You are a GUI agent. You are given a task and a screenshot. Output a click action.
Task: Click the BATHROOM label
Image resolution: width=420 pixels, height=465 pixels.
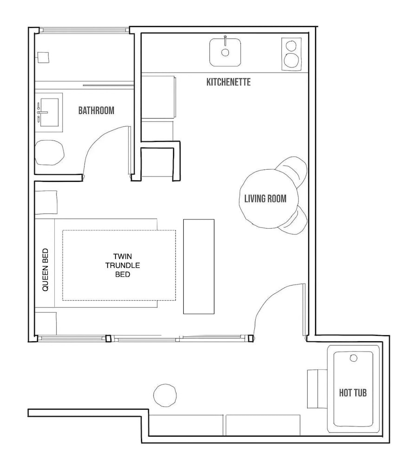click(96, 111)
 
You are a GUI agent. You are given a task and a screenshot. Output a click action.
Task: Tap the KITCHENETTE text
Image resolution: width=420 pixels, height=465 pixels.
click(228, 82)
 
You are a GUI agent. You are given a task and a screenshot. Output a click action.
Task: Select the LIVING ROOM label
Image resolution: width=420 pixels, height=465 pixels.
click(265, 199)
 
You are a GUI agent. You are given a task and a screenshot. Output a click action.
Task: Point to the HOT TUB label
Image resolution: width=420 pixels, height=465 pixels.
click(353, 393)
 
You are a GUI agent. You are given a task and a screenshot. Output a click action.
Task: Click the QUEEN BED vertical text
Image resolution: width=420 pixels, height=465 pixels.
click(45, 270)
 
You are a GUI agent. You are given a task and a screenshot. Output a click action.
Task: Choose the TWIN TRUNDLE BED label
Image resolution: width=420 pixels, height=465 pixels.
click(123, 265)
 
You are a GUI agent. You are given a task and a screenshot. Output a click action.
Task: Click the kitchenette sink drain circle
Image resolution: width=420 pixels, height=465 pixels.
click(225, 53)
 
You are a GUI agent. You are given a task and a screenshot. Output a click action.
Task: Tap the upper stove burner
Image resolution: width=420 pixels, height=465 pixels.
click(291, 46)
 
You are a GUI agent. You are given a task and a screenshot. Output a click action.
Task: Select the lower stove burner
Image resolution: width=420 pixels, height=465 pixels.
click(291, 60)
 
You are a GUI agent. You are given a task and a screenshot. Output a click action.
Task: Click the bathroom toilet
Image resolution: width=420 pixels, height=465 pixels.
click(50, 153)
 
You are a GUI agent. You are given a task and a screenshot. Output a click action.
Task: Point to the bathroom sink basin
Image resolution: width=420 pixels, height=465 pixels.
click(49, 113)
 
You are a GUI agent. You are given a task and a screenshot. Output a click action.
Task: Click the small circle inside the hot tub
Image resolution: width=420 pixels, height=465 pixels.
click(354, 358)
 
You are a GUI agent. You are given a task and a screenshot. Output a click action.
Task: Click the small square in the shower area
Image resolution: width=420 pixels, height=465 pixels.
click(43, 58)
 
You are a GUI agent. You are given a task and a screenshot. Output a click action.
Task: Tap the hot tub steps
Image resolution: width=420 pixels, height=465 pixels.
click(317, 389)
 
